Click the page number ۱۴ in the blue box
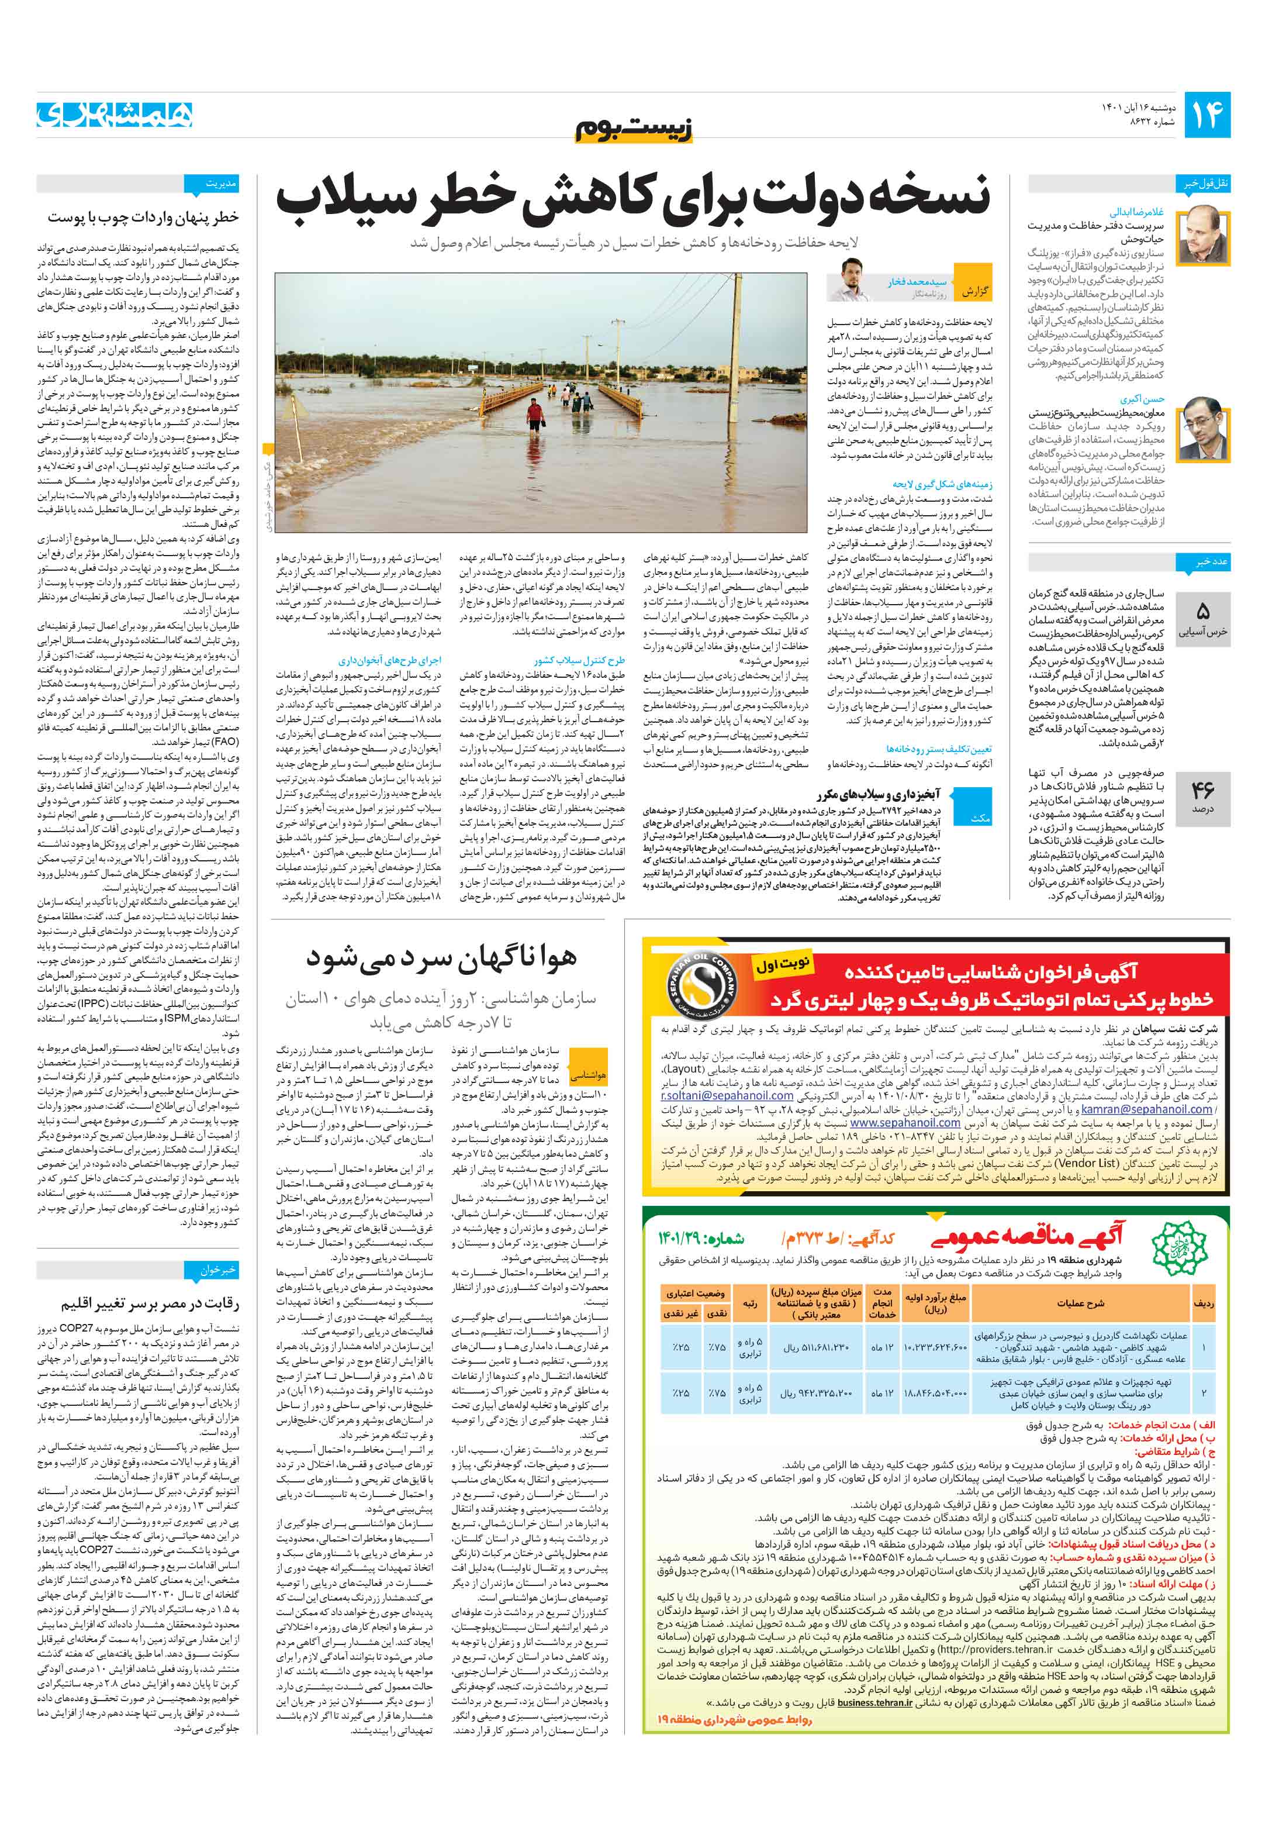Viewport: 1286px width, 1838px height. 1207,115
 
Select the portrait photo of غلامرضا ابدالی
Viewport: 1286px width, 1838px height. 1201,234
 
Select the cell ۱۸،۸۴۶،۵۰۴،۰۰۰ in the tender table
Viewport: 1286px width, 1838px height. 935,1394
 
